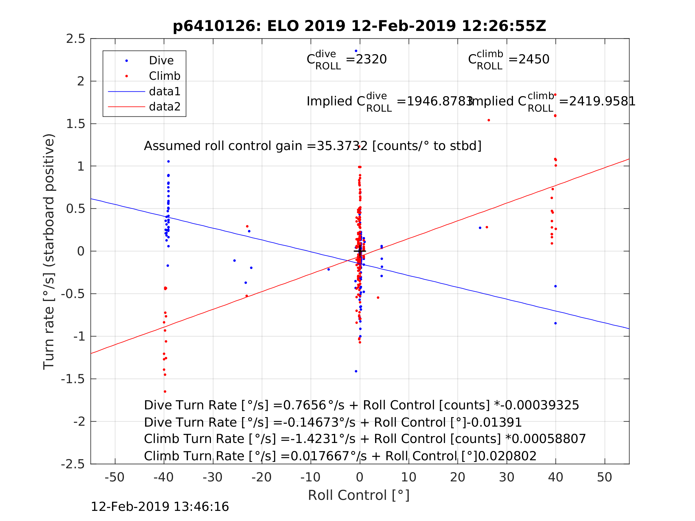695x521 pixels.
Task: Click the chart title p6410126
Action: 359,26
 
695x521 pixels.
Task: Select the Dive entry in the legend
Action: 161,61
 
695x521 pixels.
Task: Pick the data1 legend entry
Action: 165,91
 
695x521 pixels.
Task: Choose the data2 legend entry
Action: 165,107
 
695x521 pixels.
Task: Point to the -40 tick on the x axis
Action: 163,477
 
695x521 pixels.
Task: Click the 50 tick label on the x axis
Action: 604,477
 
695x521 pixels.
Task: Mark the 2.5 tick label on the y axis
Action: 75,39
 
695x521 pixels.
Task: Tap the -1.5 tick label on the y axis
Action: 73,379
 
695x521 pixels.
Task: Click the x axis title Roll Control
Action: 358,496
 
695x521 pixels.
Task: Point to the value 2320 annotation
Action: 371,59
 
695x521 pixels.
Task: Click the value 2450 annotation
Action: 534,59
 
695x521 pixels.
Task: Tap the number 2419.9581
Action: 602,102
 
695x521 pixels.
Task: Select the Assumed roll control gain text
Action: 312,146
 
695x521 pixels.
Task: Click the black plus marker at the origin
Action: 360,251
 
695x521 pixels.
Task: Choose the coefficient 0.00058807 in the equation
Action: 549,439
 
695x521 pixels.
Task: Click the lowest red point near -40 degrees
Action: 165,391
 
